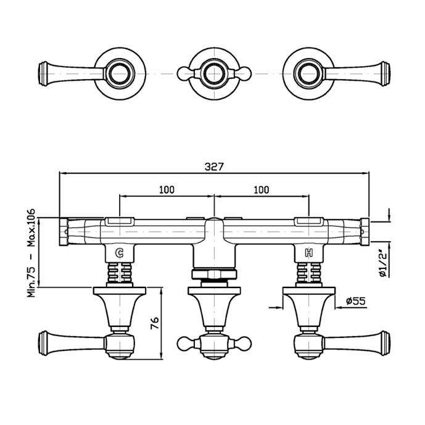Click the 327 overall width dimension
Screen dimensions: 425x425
[x=215, y=167]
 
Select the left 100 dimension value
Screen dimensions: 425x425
[x=167, y=190]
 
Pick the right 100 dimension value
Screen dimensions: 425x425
[x=262, y=190]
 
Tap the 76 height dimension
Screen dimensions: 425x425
[x=154, y=323]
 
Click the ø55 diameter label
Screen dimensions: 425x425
[x=356, y=301]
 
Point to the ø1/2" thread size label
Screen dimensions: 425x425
[x=383, y=263]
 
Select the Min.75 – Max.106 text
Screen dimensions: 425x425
[x=31, y=253]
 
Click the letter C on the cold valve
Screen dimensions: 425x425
[x=120, y=253]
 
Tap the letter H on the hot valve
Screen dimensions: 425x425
[x=309, y=253]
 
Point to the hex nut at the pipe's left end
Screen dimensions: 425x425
[x=64, y=232]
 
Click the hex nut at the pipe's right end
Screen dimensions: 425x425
[x=365, y=232]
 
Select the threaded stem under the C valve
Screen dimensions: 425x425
[x=120, y=273]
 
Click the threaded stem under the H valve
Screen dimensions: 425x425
[x=309, y=273]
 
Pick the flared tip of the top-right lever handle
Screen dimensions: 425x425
[x=385, y=74]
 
